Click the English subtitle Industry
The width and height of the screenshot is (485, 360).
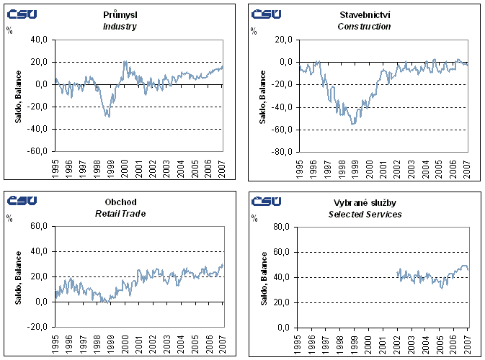pos(119,27)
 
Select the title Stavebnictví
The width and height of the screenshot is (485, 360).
pos(364,14)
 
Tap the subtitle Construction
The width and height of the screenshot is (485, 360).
pos(364,27)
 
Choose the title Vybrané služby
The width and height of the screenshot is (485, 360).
pos(364,202)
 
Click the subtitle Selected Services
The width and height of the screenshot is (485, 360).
pos(364,214)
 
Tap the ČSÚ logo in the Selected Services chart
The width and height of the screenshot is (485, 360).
pos(266,201)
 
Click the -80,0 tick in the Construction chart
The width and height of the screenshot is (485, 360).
pos(282,151)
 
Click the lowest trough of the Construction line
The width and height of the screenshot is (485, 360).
pos(353,125)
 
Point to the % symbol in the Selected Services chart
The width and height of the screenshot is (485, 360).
pos(255,218)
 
